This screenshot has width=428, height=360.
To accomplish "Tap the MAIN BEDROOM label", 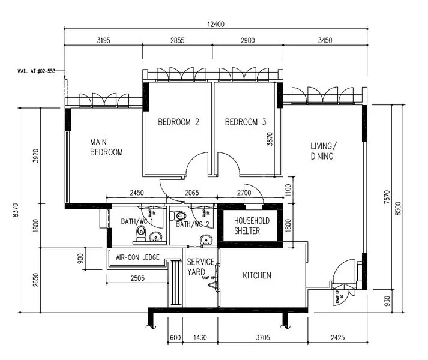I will (x=106, y=148).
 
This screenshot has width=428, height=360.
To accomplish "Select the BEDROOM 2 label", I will (x=178, y=122).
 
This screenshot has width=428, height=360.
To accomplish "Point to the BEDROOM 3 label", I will (x=245, y=122).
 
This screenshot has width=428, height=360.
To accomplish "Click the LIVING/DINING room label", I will (x=324, y=151).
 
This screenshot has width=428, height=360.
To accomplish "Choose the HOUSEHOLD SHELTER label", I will (x=252, y=226).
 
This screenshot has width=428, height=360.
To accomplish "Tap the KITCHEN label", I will (x=257, y=275).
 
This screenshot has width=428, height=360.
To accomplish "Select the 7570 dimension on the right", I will (x=387, y=197).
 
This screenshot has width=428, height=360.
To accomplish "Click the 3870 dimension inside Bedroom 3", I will (x=270, y=140).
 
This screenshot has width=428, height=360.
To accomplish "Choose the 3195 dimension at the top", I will (x=106, y=41).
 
